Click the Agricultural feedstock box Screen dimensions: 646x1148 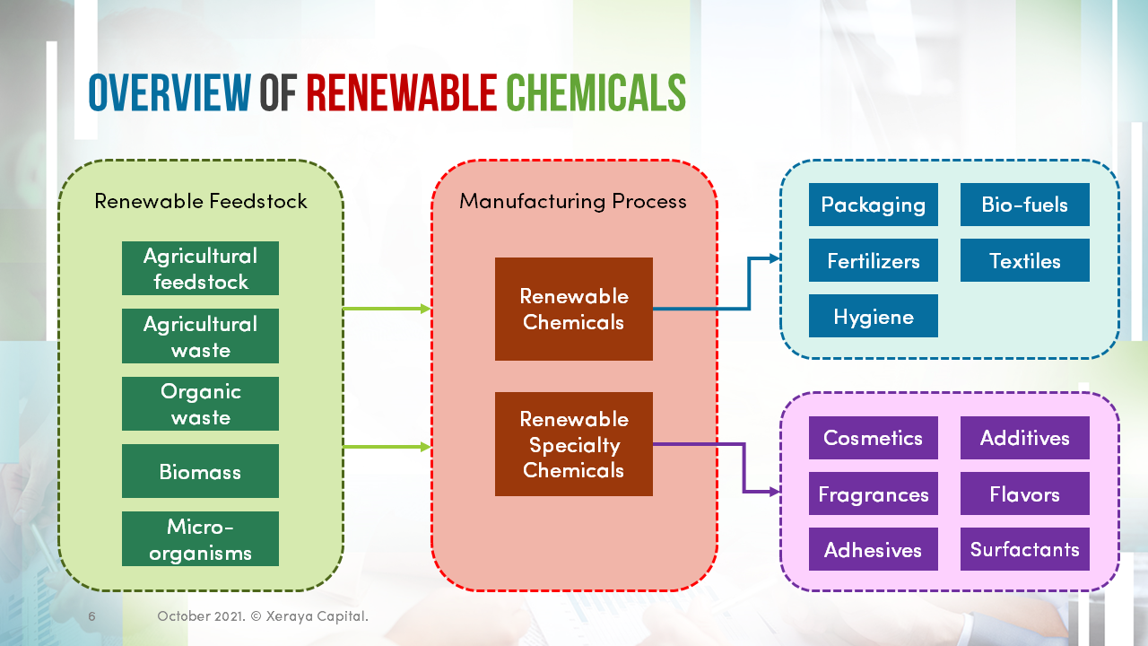point(200,268)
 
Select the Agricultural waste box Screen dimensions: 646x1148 point(200,336)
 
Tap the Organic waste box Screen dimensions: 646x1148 point(200,404)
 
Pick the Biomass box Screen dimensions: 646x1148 point(200,471)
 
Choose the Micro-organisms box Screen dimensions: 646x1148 point(200,539)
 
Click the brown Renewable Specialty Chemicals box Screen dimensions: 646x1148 point(573,444)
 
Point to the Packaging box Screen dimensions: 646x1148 point(873,205)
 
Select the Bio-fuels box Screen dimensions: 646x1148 point(1024,205)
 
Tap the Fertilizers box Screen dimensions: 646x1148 point(873,261)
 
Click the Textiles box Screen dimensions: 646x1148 point(1024,261)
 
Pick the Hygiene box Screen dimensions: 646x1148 point(873,317)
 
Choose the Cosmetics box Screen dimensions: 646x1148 point(873,438)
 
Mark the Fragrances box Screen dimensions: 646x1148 point(873,494)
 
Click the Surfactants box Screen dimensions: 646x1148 point(1024,549)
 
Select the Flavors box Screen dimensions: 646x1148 point(1024,494)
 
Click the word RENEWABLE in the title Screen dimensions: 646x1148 point(401,92)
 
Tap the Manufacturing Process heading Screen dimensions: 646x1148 point(573,201)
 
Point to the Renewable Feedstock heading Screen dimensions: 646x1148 point(201,201)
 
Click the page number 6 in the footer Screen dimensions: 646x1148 point(91,616)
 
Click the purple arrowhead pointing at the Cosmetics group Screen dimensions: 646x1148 point(774,492)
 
